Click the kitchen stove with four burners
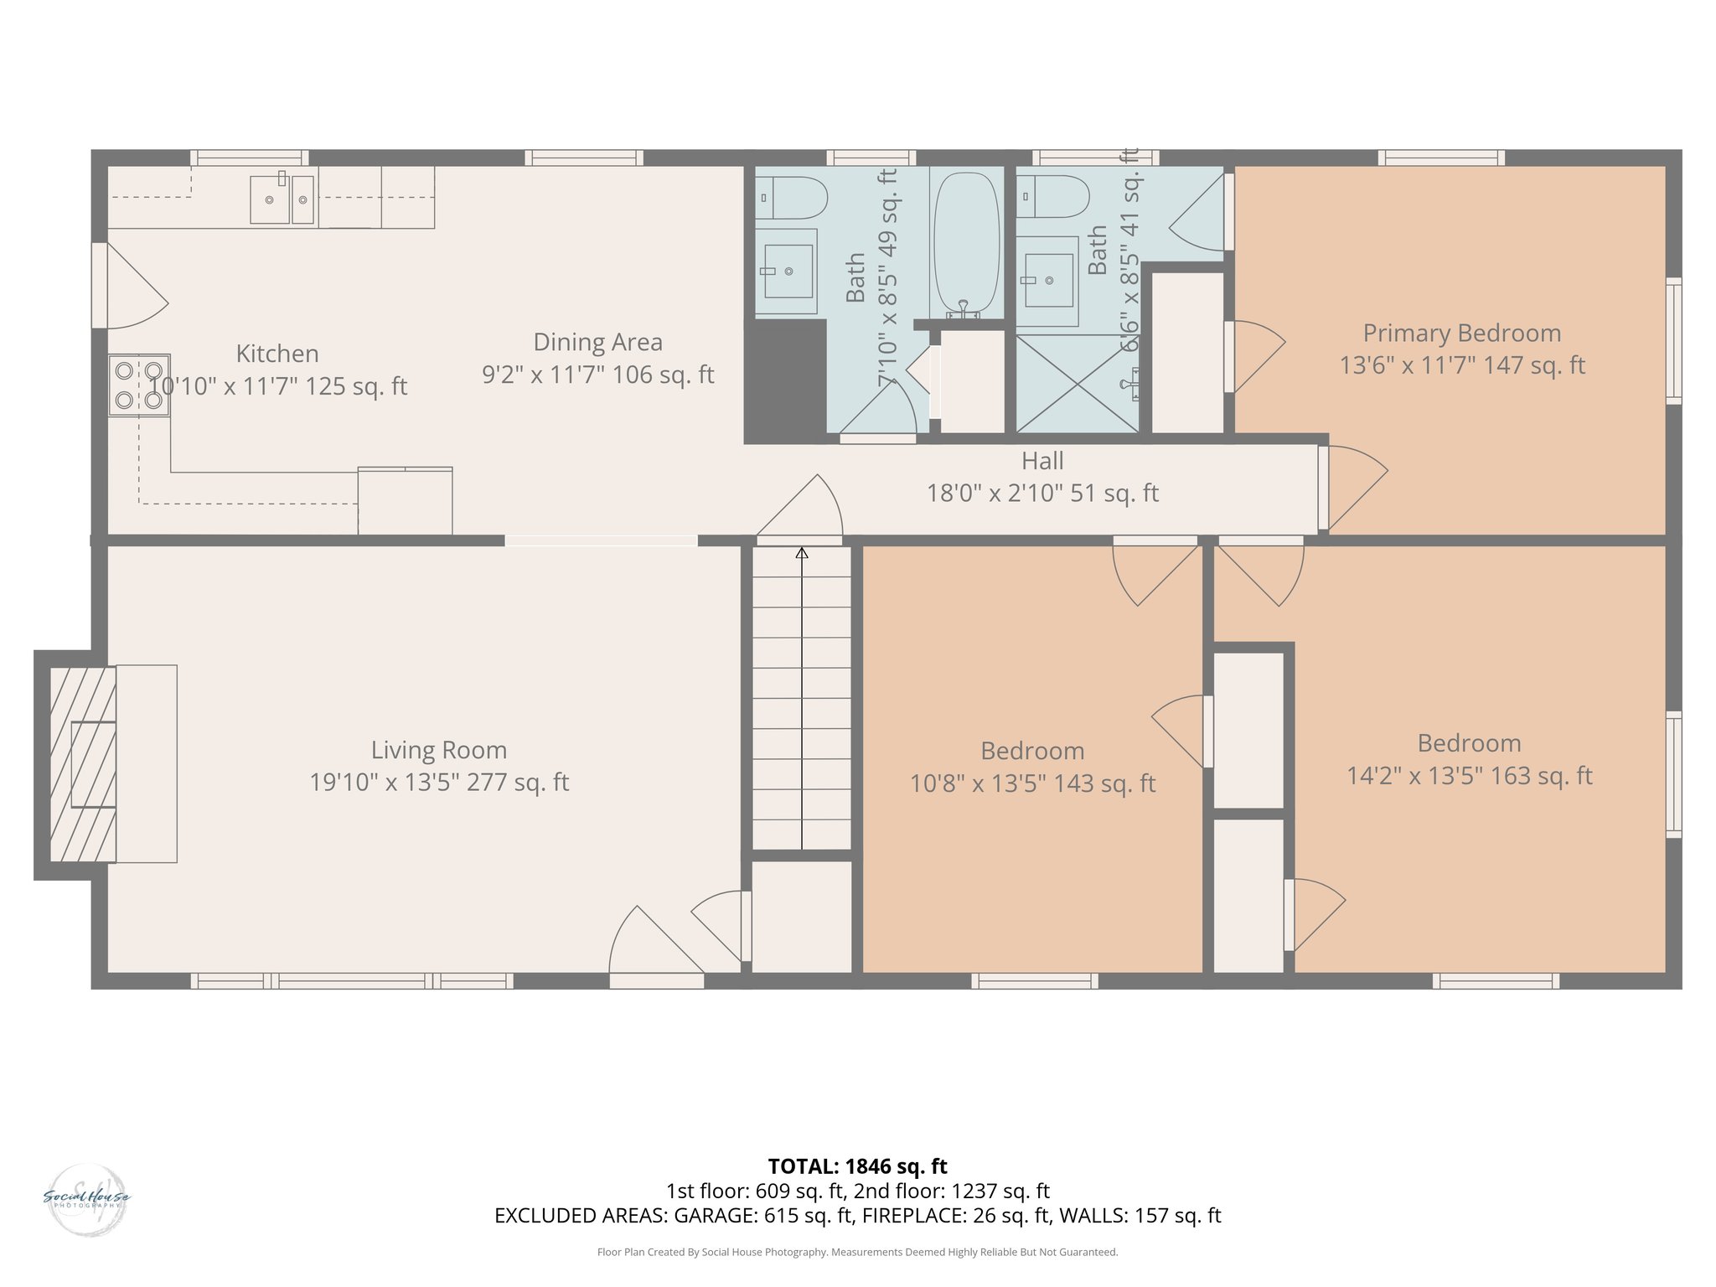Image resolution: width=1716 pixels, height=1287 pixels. coord(139,385)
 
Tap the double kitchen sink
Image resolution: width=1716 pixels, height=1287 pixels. coord(282,199)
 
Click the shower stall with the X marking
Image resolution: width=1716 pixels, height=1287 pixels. coord(1077,384)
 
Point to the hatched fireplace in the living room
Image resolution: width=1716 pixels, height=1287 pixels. coord(82,763)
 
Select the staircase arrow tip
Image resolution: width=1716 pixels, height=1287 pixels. coord(802,552)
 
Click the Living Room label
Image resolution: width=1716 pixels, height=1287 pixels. coord(439,750)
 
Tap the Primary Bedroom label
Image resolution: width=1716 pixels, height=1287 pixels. coord(1461,333)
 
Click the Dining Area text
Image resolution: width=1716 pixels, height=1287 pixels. coord(597,342)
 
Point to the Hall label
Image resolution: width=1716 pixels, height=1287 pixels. coord(1042,461)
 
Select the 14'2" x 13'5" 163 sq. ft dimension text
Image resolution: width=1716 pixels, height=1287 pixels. coord(1469,776)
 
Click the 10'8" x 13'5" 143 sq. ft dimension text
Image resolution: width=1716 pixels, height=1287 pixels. coord(1032,783)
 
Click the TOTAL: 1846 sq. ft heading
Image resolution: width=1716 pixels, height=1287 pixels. coord(857,1166)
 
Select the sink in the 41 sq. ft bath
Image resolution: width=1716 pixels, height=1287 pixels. coord(1047,281)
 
